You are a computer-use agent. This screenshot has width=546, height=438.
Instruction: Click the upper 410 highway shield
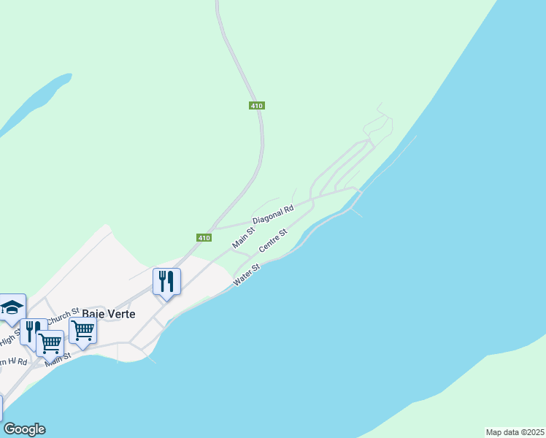coord(255,106)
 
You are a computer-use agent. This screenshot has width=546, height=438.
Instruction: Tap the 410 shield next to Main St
coord(204,238)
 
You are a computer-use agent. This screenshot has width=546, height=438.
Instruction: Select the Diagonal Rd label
coord(273,214)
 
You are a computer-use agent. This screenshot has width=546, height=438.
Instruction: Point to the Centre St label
coord(273,241)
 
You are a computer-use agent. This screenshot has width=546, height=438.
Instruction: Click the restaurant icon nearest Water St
coord(166,281)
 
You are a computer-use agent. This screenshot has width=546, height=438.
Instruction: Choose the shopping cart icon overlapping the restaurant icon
coord(50,342)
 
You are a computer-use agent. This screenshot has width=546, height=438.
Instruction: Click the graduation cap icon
coord(12,307)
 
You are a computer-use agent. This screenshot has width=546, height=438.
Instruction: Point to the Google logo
coord(24,429)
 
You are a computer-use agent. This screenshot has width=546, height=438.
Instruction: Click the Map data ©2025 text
coord(515,432)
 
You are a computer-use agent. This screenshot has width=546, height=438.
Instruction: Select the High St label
coord(11,337)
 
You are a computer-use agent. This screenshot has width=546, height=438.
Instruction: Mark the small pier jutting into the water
coord(355,212)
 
